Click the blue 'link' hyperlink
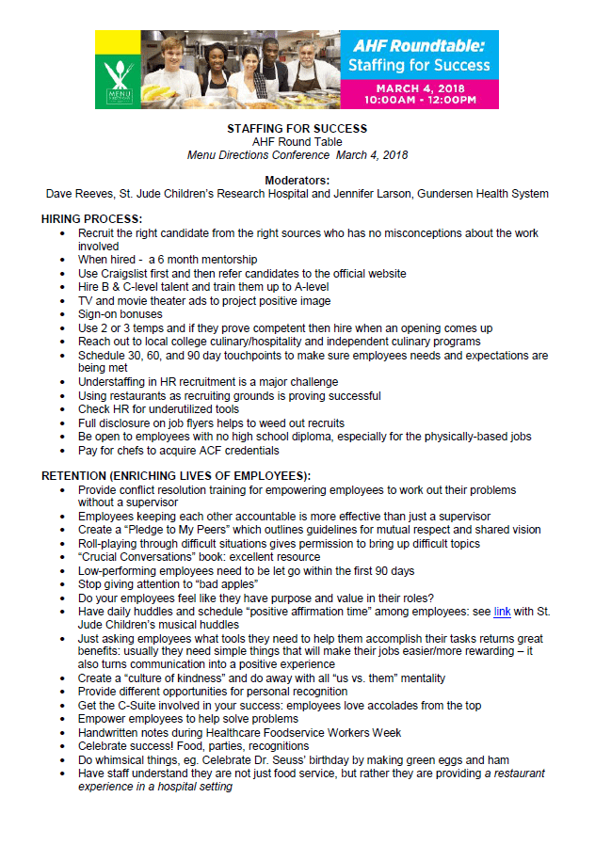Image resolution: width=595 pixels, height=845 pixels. (502, 612)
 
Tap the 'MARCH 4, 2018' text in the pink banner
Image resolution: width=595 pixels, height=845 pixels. (420, 88)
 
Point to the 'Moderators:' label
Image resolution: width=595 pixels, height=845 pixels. (297, 180)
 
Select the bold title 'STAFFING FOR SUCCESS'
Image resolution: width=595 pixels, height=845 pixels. (297, 128)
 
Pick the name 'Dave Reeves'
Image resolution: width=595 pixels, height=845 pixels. (82, 194)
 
